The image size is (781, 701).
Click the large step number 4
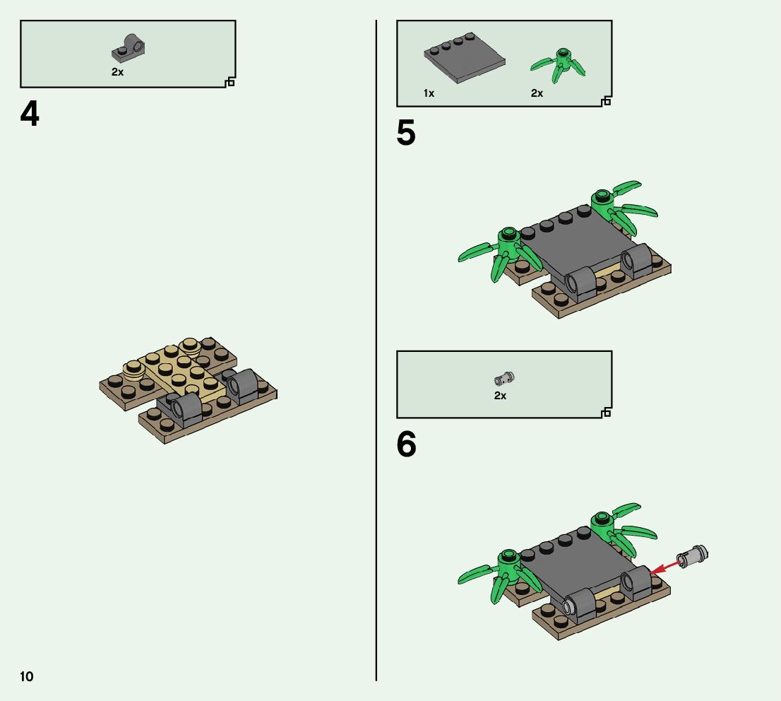[x=30, y=114]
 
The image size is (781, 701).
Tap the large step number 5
[x=406, y=133]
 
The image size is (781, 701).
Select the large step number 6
[x=407, y=444]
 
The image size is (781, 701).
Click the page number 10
[x=27, y=676]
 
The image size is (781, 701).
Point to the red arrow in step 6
[x=666, y=567]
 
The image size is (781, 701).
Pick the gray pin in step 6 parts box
[x=505, y=379]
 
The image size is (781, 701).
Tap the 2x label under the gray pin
[x=500, y=396]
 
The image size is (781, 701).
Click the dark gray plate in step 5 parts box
[x=464, y=58]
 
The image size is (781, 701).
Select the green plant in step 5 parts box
[x=559, y=65]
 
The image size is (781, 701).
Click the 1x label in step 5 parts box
[x=429, y=93]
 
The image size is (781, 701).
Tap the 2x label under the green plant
[x=537, y=93]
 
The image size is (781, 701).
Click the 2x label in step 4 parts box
[x=117, y=72]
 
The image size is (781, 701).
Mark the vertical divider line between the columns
[x=376, y=350]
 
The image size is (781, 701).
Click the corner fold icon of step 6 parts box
[x=606, y=412]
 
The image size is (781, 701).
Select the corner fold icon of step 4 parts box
[x=229, y=82]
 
